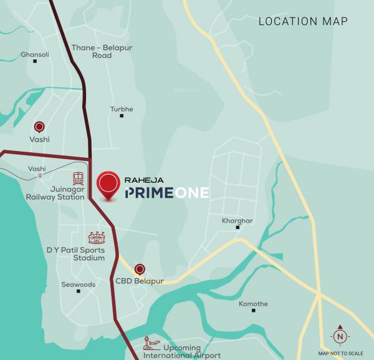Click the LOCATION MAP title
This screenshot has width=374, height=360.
(x=303, y=21)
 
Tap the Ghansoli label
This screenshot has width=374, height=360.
(x=35, y=55)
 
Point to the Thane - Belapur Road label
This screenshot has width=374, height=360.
(x=92, y=51)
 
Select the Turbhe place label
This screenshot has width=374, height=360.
(x=122, y=109)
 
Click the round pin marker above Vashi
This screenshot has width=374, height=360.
(x=39, y=127)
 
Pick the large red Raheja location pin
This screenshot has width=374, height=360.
(x=110, y=184)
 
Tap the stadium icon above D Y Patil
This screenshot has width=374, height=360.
(x=97, y=238)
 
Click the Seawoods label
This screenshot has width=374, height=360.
(x=79, y=285)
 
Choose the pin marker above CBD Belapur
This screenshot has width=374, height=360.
(x=140, y=270)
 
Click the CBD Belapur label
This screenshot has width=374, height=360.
(x=140, y=281)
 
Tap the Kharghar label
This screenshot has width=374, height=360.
(x=237, y=221)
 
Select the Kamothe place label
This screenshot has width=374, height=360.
(x=254, y=304)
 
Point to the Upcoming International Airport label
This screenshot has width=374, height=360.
(x=182, y=352)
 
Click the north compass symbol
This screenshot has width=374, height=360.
(x=340, y=336)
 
